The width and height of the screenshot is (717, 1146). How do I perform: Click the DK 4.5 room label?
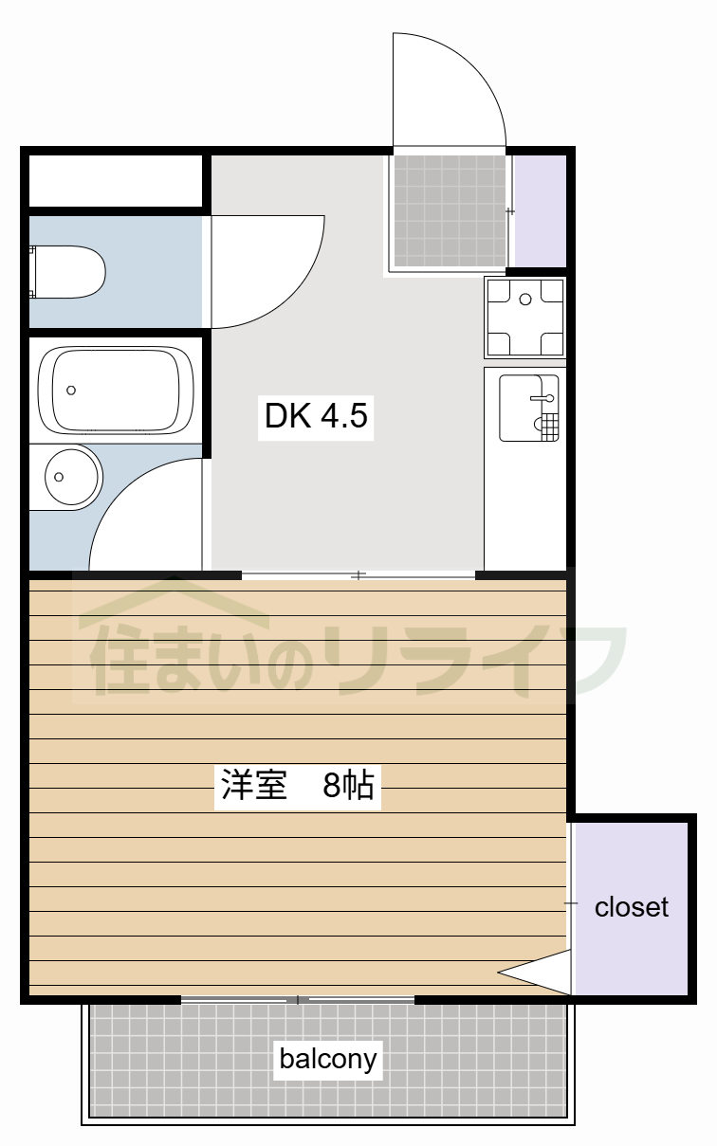(316, 415)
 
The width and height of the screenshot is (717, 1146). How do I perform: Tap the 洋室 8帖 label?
(298, 786)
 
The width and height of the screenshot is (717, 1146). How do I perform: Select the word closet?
(631, 907)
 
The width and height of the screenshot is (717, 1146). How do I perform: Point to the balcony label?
(328, 1058)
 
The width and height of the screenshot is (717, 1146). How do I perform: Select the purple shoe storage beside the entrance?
(539, 209)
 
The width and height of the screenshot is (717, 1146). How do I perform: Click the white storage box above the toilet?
(115, 181)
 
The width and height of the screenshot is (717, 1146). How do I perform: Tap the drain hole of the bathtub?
(71, 390)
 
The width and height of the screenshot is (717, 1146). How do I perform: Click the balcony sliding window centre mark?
(298, 1000)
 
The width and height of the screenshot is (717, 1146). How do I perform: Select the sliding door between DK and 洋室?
(358, 575)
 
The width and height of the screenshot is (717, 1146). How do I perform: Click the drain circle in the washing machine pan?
(524, 300)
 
